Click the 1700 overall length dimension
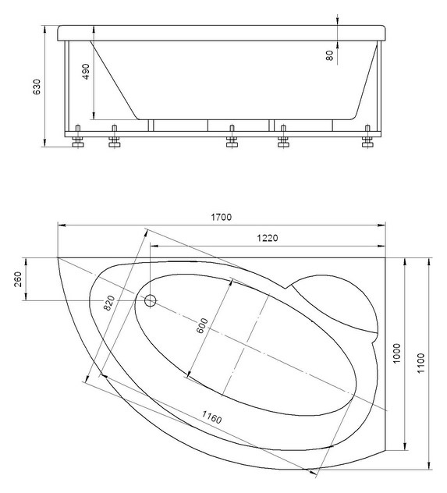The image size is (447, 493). point(221,217)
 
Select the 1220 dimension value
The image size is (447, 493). point(268,238)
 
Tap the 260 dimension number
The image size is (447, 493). point(18,279)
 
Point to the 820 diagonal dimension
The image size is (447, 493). point(109,303)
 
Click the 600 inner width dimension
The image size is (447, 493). point(202,326)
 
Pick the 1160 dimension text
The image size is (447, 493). point(211,417)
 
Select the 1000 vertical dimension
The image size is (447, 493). point(397,353)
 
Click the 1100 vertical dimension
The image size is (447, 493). point(420,364)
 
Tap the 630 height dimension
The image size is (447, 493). point(37,87)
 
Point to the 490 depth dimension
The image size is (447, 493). point(86,71)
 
